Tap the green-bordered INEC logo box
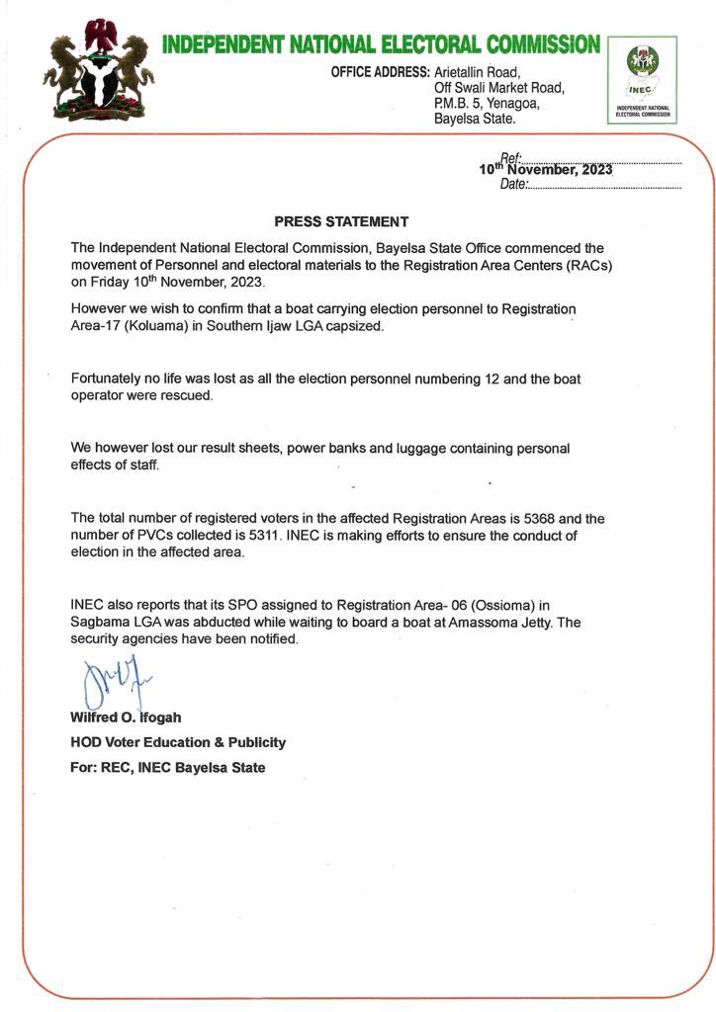click(642, 80)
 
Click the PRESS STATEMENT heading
click(341, 221)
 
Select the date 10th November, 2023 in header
click(546, 170)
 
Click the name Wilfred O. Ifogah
click(126, 717)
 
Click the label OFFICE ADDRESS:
click(380, 72)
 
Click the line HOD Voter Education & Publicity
click(178, 742)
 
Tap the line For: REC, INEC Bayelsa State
click(168, 768)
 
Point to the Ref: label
click(510, 157)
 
